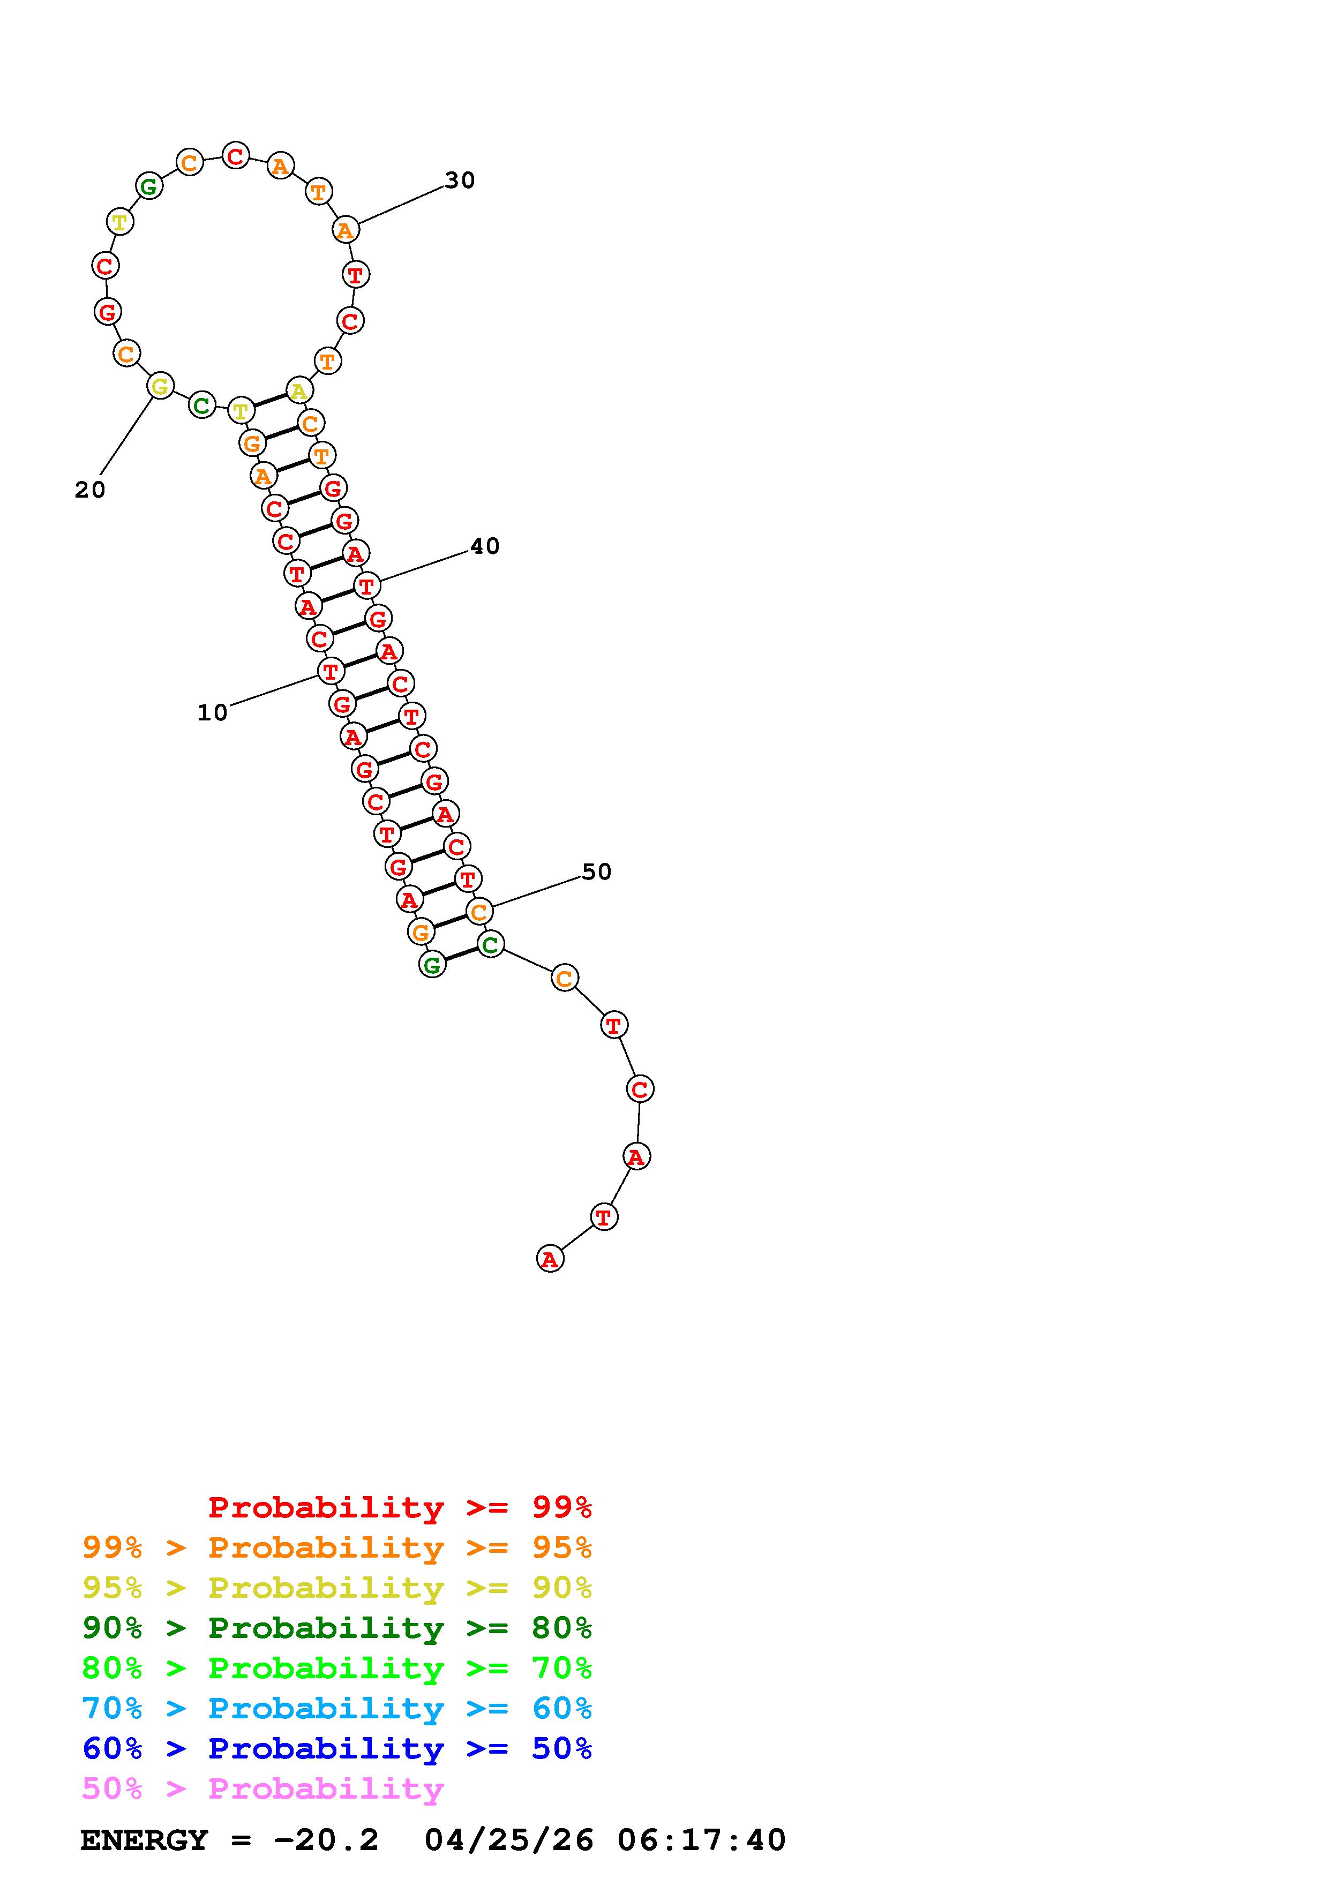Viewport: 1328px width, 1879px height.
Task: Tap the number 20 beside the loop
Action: click(x=90, y=490)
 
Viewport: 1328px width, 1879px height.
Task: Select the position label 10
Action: click(x=213, y=713)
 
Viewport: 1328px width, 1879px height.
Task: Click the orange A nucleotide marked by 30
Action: click(x=346, y=230)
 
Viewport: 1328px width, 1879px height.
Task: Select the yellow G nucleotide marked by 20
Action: click(x=160, y=386)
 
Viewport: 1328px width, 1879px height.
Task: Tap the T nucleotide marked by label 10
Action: click(x=331, y=672)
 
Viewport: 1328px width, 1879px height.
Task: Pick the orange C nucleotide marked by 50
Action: click(x=479, y=911)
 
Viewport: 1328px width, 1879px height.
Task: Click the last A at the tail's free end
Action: click(x=550, y=1259)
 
